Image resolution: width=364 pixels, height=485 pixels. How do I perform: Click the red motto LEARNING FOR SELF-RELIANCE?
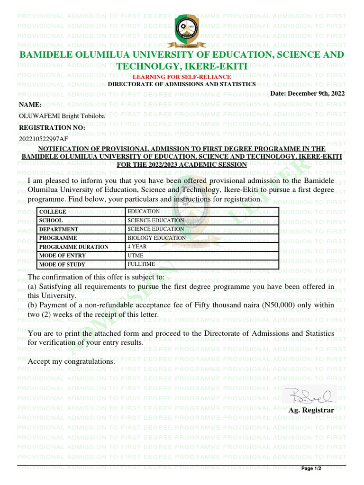(x=182, y=77)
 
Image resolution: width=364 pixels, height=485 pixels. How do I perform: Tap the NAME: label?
(x=30, y=105)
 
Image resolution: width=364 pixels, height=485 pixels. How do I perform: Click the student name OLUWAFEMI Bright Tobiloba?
(x=62, y=116)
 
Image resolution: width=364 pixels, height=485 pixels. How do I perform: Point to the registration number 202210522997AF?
(x=43, y=139)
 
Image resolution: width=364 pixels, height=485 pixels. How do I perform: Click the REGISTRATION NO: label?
(x=52, y=128)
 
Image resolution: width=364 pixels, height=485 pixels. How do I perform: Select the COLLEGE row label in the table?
(x=53, y=212)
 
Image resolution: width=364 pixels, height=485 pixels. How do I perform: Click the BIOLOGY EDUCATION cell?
(x=156, y=238)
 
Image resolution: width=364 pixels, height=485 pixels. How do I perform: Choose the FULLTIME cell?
(x=141, y=264)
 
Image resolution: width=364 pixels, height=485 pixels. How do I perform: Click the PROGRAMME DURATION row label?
(x=73, y=247)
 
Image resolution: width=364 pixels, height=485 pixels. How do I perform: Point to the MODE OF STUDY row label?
(x=62, y=265)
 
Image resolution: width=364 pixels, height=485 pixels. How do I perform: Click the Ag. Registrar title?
(x=311, y=410)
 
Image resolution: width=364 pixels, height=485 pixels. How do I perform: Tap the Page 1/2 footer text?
(x=311, y=469)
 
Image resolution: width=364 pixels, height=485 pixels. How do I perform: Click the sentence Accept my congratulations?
(x=71, y=361)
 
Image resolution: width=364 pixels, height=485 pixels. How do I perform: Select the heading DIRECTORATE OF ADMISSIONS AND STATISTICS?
(x=182, y=84)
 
